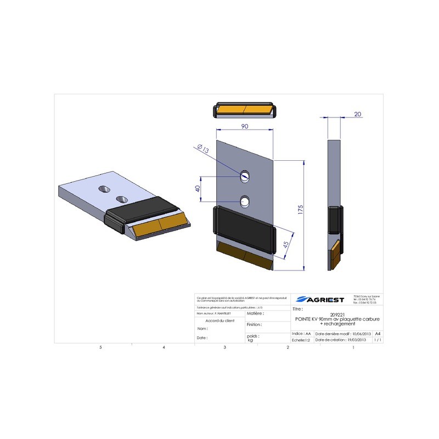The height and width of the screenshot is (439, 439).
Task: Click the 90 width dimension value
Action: (244, 126)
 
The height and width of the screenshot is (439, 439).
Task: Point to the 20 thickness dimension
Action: (358, 114)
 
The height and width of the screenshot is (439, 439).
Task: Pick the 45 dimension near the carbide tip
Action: (286, 244)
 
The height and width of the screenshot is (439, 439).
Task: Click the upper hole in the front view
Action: (245, 176)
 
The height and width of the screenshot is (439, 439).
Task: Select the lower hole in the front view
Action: (245, 201)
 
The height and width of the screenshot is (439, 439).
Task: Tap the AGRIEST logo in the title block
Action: (319, 299)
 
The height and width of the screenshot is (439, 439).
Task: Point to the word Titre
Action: (299, 309)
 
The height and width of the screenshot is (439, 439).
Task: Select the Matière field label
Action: (256, 313)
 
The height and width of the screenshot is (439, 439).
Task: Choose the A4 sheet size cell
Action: (377, 333)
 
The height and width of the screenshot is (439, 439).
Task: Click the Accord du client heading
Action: (219, 320)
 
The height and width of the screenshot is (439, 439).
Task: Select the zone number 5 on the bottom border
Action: (100, 348)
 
